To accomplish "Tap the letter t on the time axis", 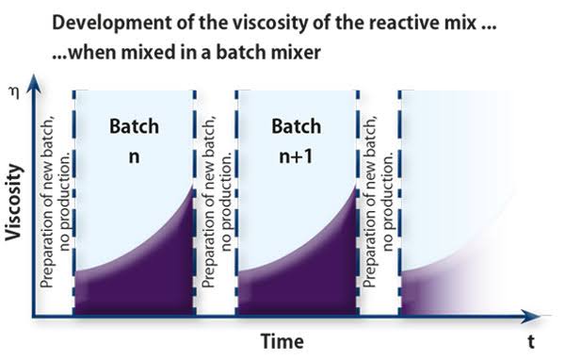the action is pyautogui.click(x=531, y=341).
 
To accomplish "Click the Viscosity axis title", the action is pyautogui.click(x=14, y=202).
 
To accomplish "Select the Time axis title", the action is pyautogui.click(x=282, y=341).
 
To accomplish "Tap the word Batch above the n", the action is pyautogui.click(x=134, y=126).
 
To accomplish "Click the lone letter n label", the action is pyautogui.click(x=134, y=157).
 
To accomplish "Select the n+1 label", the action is pyautogui.click(x=296, y=156).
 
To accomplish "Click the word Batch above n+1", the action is pyautogui.click(x=297, y=126).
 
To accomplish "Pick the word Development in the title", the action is pyautogui.click(x=112, y=23).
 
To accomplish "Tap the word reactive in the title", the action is pyautogui.click(x=404, y=23).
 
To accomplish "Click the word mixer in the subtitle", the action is pyautogui.click(x=298, y=53).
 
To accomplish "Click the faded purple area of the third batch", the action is pyautogui.click(x=426, y=292).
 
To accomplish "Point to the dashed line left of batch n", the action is pyautogui.click(x=73, y=203).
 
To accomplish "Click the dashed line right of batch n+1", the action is pyautogui.click(x=358, y=203).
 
